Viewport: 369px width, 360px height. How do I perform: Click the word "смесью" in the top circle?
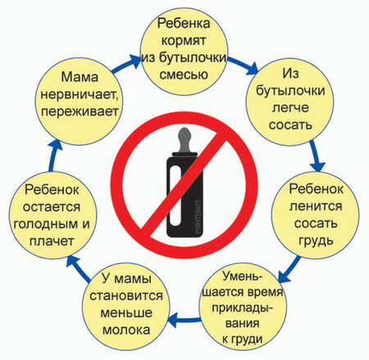(184, 75)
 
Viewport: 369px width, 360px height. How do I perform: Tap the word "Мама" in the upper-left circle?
(80, 77)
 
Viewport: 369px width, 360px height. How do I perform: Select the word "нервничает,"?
(80, 94)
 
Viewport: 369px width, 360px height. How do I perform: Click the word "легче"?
(290, 107)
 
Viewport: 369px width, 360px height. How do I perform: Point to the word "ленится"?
(316, 206)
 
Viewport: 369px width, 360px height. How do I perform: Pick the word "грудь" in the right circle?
(316, 240)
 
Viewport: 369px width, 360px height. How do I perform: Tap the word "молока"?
(126, 330)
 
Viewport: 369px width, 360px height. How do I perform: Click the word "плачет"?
(52, 241)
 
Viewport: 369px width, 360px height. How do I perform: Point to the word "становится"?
(126, 295)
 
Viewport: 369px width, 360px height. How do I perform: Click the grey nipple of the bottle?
(184, 140)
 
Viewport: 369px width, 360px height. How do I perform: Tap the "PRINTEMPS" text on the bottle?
(198, 216)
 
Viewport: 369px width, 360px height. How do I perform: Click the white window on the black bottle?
(175, 196)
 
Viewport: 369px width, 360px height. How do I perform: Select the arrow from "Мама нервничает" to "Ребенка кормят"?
(126, 65)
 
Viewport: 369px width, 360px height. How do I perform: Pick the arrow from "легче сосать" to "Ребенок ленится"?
(317, 156)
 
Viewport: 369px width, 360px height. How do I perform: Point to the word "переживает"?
(80, 112)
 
